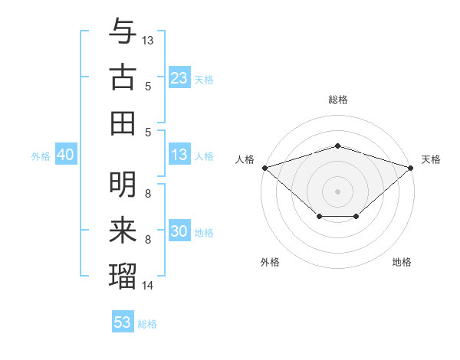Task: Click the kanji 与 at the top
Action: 123,31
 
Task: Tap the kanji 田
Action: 123,122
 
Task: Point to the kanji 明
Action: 123,185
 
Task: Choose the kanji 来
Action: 123,229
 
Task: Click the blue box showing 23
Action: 179,77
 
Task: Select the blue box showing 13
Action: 179,155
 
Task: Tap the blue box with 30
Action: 179,231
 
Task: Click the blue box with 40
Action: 65,155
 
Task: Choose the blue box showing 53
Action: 122,322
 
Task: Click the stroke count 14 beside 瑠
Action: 148,286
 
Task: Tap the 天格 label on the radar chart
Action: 432,159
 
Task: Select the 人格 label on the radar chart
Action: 245,159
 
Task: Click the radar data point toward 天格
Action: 412,168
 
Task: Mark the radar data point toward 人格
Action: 264,168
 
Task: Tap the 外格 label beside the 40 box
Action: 41,155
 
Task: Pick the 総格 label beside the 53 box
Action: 147,323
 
